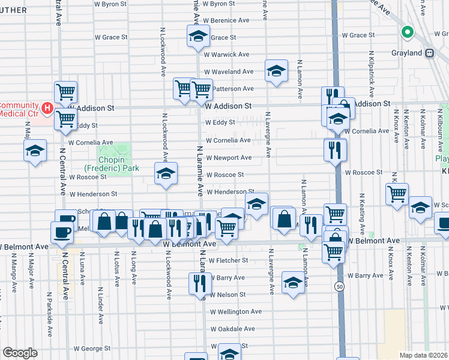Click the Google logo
(x=20, y=353)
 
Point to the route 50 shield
(x=340, y=287)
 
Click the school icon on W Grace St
(x=197, y=37)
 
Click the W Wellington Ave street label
(x=235, y=312)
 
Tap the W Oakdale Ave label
(x=232, y=329)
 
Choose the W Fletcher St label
(x=227, y=260)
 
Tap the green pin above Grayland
(x=407, y=33)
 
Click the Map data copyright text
(x=423, y=355)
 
